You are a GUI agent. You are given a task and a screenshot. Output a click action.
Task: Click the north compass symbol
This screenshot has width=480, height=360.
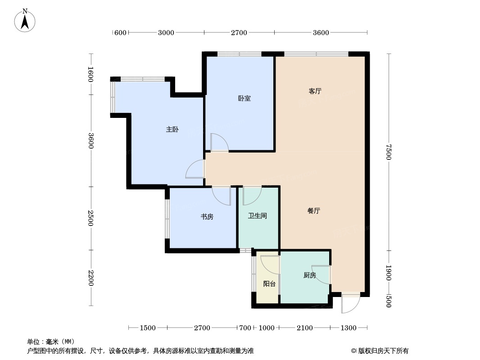pyautogui.click(x=25, y=20)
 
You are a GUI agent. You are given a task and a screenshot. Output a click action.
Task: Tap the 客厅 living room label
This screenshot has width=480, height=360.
pyautogui.click(x=315, y=91)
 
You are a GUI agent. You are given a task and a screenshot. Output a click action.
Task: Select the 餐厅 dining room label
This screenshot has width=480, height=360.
pyautogui.click(x=314, y=211)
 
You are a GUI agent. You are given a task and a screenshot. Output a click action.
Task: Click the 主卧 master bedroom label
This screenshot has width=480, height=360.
pyautogui.click(x=172, y=130)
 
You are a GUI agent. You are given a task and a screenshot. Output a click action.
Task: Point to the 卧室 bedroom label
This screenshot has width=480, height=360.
pyautogui.click(x=244, y=99)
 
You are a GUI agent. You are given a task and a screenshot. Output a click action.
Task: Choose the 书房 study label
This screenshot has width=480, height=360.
pyautogui.click(x=207, y=217)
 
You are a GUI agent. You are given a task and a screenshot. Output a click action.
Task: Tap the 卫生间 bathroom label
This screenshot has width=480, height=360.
pyautogui.click(x=258, y=216)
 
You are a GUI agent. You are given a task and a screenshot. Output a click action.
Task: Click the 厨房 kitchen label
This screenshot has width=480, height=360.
pyautogui.click(x=309, y=275)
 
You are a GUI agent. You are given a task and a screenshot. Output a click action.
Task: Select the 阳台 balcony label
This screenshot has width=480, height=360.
pyautogui.click(x=269, y=284)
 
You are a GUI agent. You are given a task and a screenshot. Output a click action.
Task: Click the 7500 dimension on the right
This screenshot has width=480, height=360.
pyautogui.click(x=389, y=152)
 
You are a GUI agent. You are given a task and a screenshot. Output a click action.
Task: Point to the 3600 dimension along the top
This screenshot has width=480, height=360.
pyautogui.click(x=321, y=32)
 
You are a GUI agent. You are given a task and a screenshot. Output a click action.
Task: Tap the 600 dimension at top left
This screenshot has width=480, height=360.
pyautogui.click(x=120, y=32)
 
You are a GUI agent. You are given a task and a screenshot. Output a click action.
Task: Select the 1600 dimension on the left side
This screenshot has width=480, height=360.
pyautogui.click(x=91, y=74)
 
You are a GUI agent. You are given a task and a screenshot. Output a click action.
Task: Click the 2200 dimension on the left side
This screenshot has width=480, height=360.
pyautogui.click(x=91, y=278)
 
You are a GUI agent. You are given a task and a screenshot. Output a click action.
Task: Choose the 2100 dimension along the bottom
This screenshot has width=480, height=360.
pyautogui.click(x=304, y=328)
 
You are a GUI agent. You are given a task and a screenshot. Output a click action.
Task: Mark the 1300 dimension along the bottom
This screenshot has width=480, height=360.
pyautogui.click(x=349, y=328)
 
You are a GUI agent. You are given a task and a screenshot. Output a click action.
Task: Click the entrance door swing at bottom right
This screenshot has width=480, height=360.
pyautogui.click(x=351, y=304)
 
